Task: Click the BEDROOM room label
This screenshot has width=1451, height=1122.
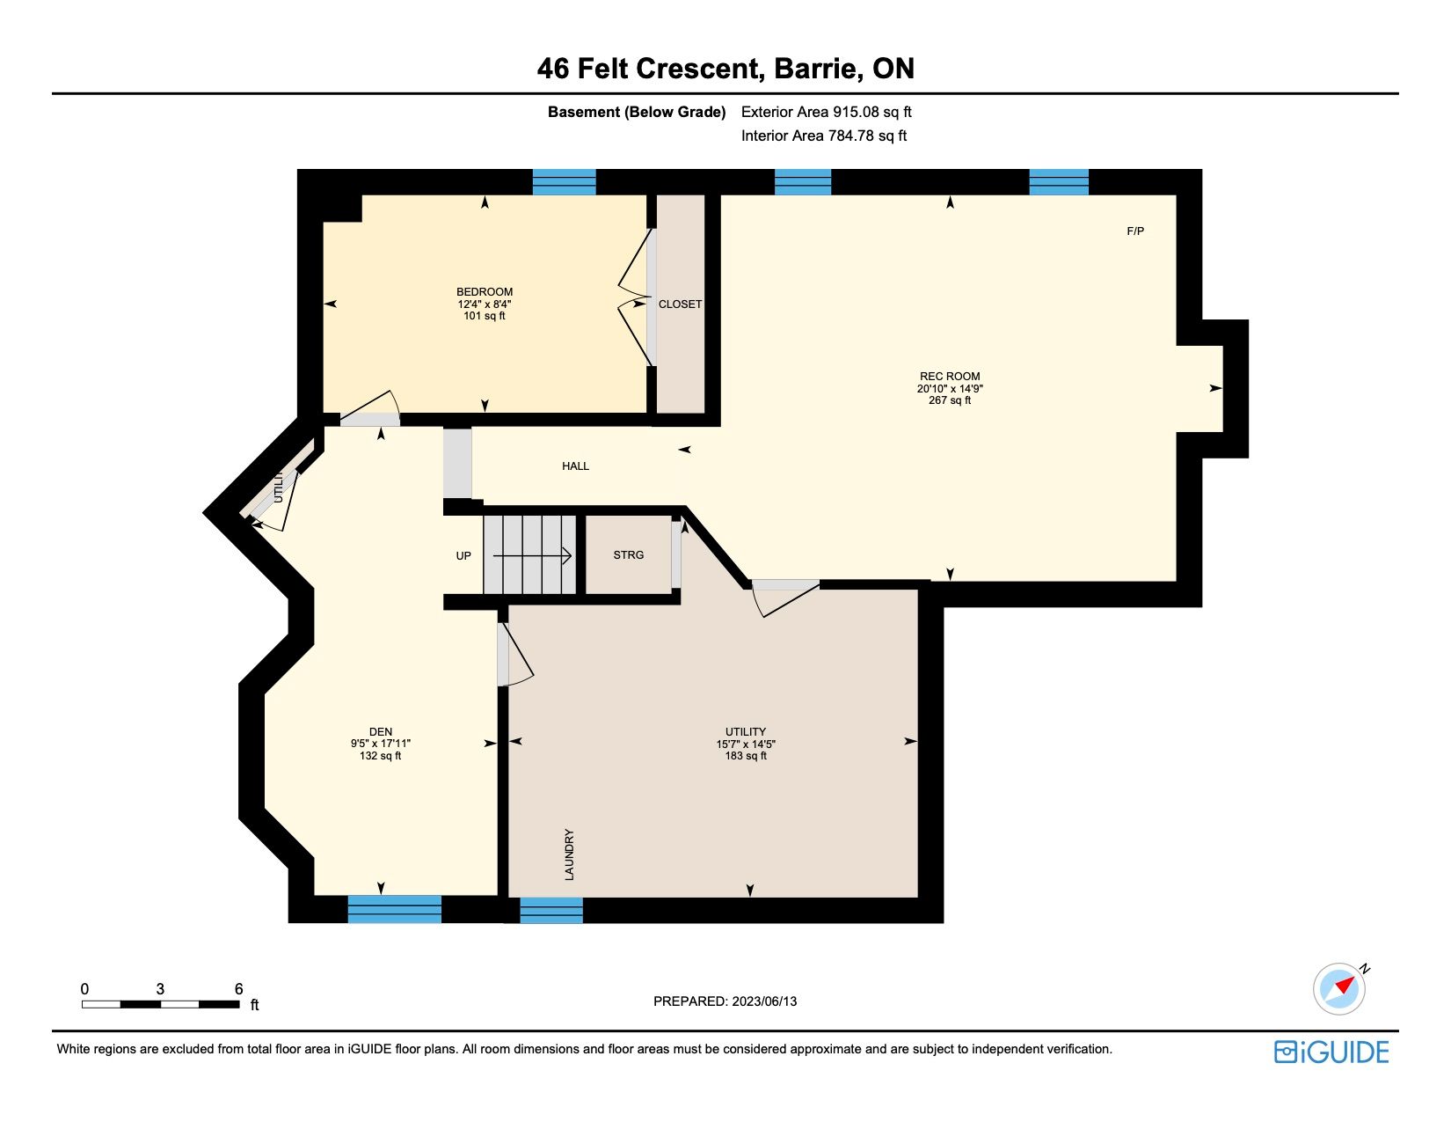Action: click(x=485, y=292)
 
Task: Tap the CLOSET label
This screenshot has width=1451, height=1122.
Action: click(x=680, y=304)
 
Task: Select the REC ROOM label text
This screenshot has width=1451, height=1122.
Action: click(x=950, y=377)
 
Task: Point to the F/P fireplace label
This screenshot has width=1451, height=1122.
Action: click(x=1135, y=231)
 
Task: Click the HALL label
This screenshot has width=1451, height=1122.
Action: click(x=575, y=466)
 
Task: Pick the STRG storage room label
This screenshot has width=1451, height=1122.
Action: click(x=629, y=554)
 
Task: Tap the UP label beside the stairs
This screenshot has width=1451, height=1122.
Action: click(x=463, y=555)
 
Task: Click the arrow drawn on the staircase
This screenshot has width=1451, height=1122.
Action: click(x=532, y=555)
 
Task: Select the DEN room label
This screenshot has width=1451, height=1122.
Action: click(x=381, y=732)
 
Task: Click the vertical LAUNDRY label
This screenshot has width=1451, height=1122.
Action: click(x=569, y=854)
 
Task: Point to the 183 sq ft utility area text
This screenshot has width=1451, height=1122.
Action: click(x=746, y=756)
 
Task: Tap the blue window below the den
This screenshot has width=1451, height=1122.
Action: click(x=395, y=909)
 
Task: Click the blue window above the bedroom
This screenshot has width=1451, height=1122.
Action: click(x=564, y=182)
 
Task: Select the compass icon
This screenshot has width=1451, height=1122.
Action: click(x=1339, y=988)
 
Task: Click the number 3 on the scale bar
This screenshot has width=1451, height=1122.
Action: click(x=160, y=989)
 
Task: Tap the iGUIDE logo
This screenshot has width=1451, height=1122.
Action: click(x=1331, y=1052)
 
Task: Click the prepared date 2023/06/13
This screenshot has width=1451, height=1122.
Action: click(x=764, y=1001)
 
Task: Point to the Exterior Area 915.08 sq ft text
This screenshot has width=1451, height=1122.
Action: click(x=826, y=112)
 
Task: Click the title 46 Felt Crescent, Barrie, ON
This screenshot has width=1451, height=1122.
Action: click(x=725, y=68)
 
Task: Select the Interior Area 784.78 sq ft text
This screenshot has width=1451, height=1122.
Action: click(x=824, y=136)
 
